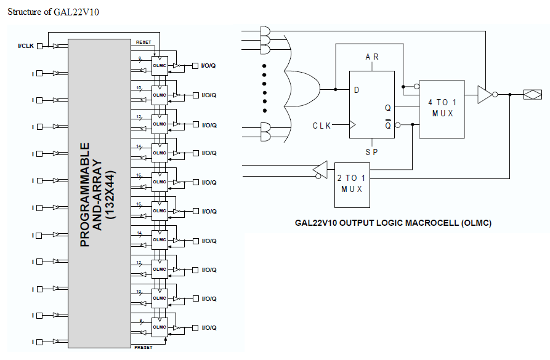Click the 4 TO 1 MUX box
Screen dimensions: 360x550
click(442, 108)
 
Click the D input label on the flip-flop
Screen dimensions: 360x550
click(356, 90)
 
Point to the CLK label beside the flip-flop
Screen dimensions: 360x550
click(322, 126)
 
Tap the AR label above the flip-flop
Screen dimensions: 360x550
click(372, 57)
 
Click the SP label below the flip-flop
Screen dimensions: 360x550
click(371, 151)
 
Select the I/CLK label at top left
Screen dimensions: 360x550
click(26, 46)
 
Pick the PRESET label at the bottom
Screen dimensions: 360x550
click(143, 348)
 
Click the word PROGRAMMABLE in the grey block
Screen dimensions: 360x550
click(85, 195)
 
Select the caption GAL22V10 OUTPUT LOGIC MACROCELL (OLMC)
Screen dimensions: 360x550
click(393, 223)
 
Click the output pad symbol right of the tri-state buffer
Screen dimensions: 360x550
click(532, 94)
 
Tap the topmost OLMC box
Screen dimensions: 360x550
click(160, 66)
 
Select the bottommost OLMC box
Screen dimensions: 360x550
click(160, 327)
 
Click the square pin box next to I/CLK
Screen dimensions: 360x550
click(40, 46)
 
